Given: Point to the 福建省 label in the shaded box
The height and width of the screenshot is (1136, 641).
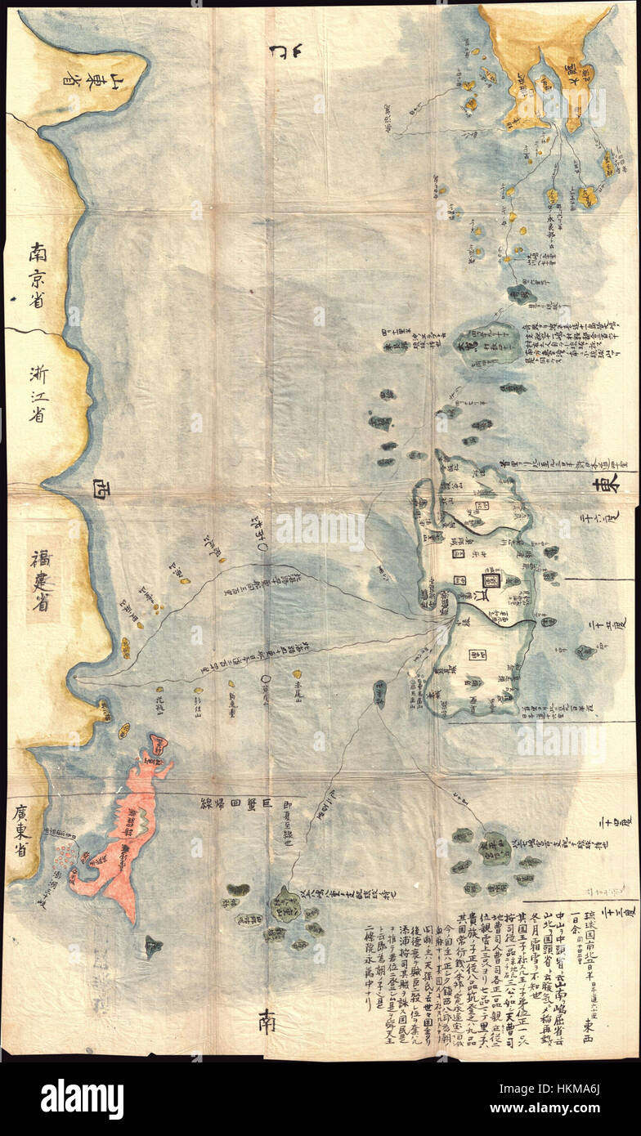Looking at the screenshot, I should click(43, 579).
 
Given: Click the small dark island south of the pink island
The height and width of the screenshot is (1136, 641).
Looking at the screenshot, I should click(153, 946).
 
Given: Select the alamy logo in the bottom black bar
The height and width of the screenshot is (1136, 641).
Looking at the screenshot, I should click(82, 1099).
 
